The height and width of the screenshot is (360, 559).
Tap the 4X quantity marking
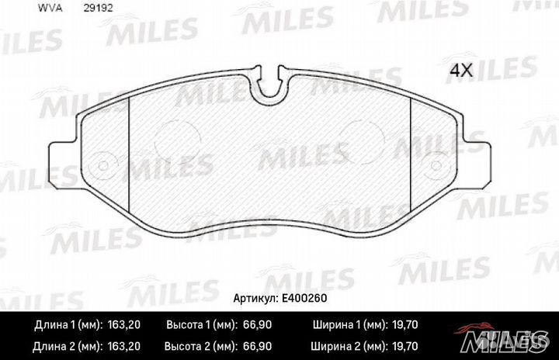[x=461, y=70]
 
